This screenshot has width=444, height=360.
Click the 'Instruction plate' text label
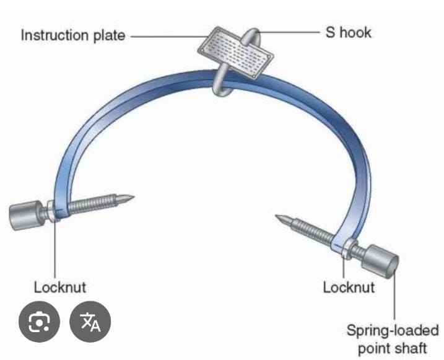pyautogui.click(x=73, y=35)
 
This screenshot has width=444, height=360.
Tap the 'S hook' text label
pyautogui.click(x=349, y=31)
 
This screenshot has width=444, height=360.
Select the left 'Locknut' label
pyautogui.click(x=59, y=287)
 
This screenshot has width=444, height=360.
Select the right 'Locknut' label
pyautogui.click(x=349, y=287)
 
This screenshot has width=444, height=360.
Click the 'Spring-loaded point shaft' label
pyautogui.click(x=392, y=339)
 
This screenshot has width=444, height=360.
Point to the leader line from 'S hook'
pyautogui.click(x=291, y=31)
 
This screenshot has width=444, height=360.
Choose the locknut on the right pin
pyautogui.click(x=344, y=245)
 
